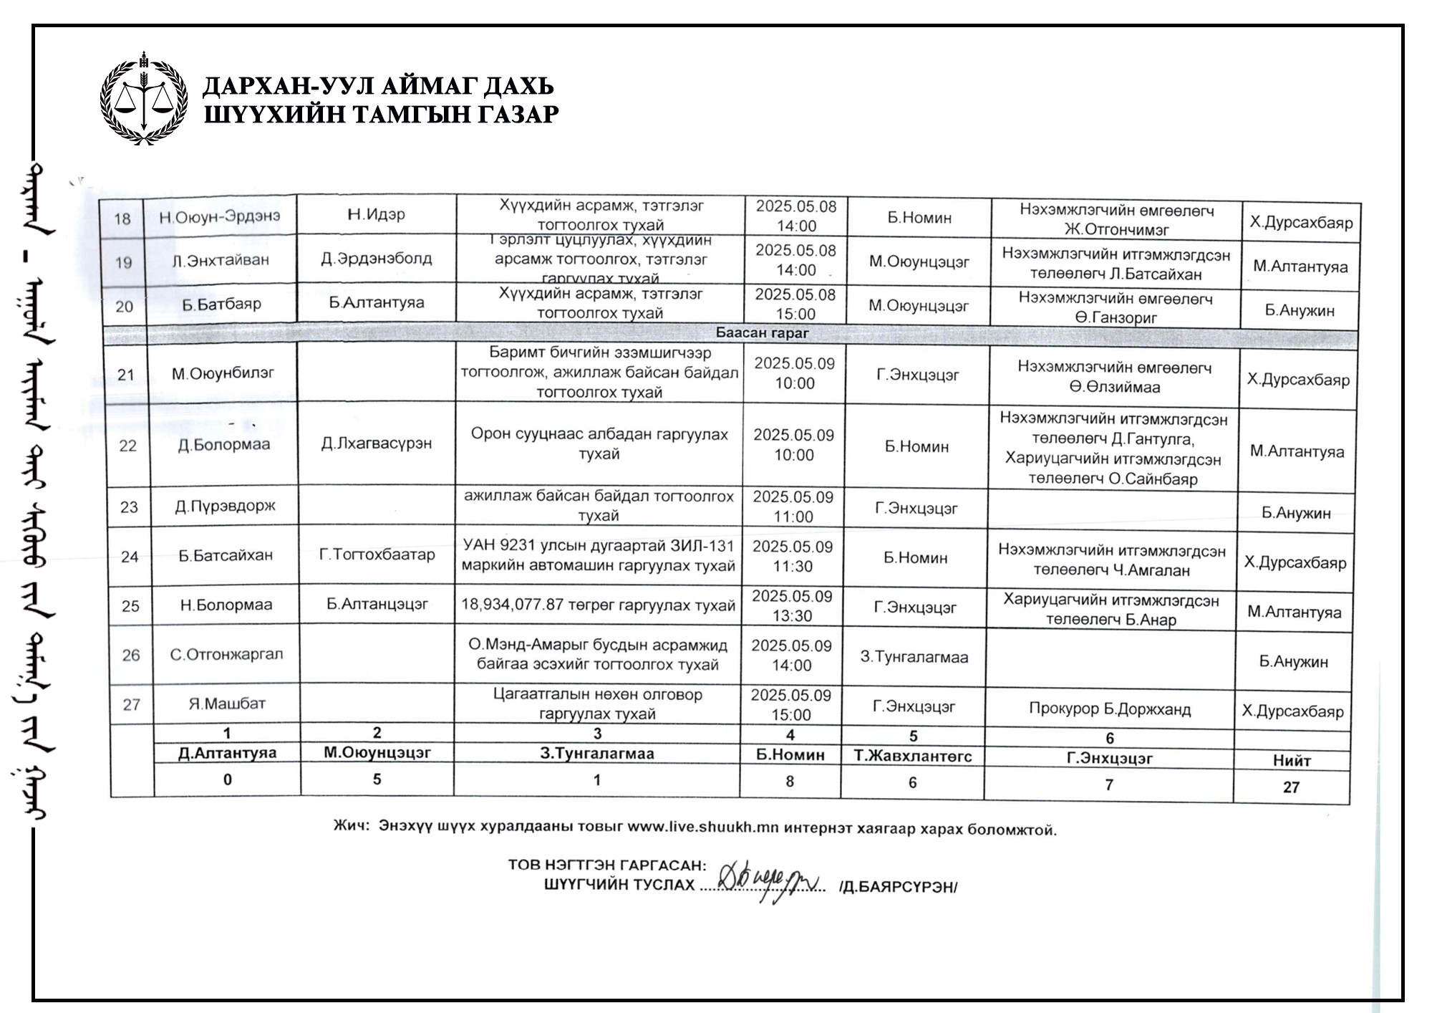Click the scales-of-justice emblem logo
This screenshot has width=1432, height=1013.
click(x=144, y=99)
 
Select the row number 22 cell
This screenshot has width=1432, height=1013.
click(x=127, y=446)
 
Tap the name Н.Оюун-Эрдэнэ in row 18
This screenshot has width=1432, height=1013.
click(x=220, y=216)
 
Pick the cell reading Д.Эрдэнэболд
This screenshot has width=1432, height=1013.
click(x=377, y=259)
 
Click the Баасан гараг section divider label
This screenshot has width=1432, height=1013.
click(x=762, y=333)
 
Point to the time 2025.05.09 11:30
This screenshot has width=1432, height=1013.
click(x=793, y=557)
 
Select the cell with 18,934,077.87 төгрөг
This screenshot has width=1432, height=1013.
click(x=598, y=605)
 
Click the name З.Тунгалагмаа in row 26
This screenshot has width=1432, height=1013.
click(x=914, y=657)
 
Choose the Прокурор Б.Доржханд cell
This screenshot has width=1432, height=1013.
click(x=1110, y=709)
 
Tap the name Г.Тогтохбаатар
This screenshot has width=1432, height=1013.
click(x=377, y=554)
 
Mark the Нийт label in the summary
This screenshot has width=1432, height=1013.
click(x=1292, y=761)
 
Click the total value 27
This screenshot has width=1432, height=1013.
click(x=1291, y=787)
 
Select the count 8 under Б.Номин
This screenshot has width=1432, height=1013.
click(x=790, y=782)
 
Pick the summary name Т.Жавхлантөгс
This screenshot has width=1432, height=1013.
click(x=913, y=757)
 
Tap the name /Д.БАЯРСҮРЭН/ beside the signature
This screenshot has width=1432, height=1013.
click(x=898, y=887)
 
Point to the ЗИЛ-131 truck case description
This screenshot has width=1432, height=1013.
click(x=598, y=556)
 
